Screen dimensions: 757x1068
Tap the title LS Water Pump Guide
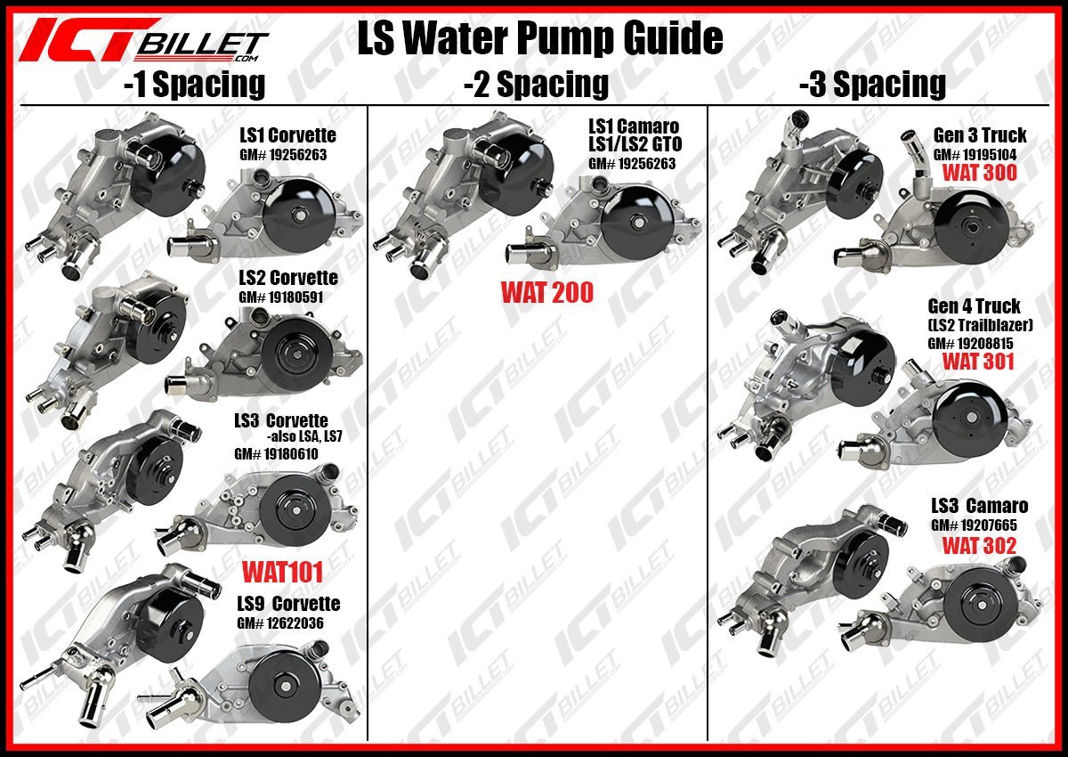click(539, 39)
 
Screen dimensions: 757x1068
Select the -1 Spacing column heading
click(194, 84)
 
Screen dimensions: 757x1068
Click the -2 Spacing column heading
click(536, 84)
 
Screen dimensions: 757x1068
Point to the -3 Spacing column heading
click(872, 84)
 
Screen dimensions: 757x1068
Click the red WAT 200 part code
click(546, 292)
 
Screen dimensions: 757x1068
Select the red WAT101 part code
click(282, 571)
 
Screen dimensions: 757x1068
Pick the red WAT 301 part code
click(977, 361)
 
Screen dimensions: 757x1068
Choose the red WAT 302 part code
click(979, 545)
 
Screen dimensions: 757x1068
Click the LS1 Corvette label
click(287, 135)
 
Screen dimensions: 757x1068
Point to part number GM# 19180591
click(280, 297)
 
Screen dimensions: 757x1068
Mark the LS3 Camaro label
click(979, 506)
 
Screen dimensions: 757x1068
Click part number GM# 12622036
click(279, 623)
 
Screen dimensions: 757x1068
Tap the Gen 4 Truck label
click(974, 306)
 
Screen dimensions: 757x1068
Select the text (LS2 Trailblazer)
click(975, 325)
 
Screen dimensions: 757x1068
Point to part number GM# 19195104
click(976, 153)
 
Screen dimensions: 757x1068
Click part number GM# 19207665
click(974, 525)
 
